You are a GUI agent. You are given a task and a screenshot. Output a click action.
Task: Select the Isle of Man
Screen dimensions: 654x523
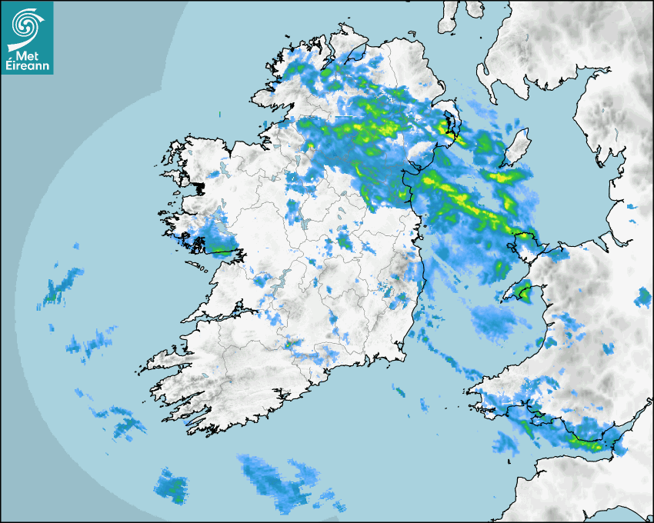[x=517, y=147]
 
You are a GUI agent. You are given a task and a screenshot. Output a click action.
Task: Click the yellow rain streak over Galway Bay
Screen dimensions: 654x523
[x=223, y=251]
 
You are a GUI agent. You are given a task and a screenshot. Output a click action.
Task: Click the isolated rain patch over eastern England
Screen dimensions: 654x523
[x=643, y=296]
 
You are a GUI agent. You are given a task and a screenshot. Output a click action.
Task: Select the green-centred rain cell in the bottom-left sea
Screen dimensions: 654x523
[x=171, y=486]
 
